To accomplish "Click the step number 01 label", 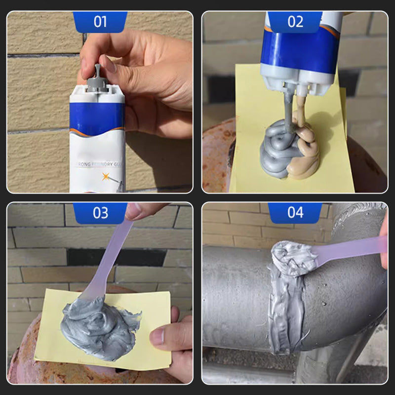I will pyautogui.click(x=100, y=22).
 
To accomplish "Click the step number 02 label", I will pyautogui.click(x=295, y=22).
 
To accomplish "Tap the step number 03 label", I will pyautogui.click(x=100, y=213).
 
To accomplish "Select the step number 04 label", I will pyautogui.click(x=295, y=213).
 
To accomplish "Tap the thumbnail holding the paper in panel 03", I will pyautogui.click(x=157, y=337).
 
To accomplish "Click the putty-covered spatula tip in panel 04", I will pyautogui.click(x=294, y=257).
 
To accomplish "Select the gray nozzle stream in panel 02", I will pyautogui.click(x=285, y=111).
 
